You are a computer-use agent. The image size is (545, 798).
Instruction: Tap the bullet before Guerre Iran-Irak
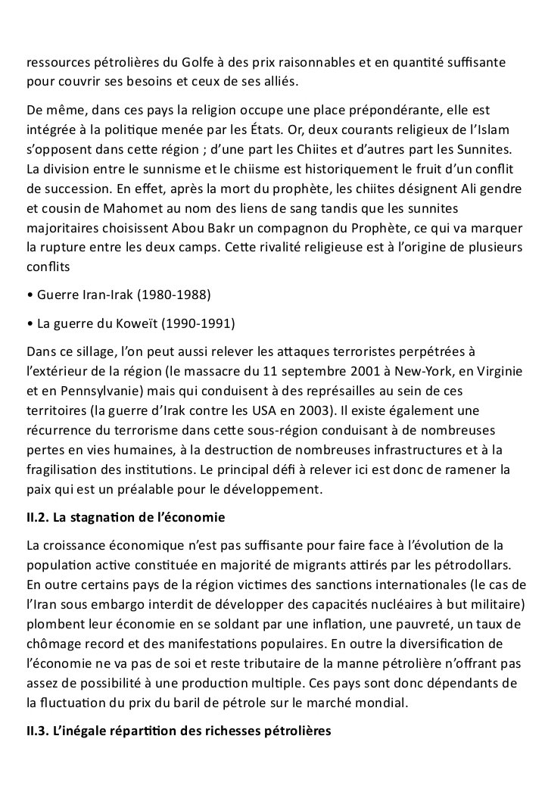[x=29, y=293]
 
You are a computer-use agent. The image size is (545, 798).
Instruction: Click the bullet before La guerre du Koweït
[x=29, y=323]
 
